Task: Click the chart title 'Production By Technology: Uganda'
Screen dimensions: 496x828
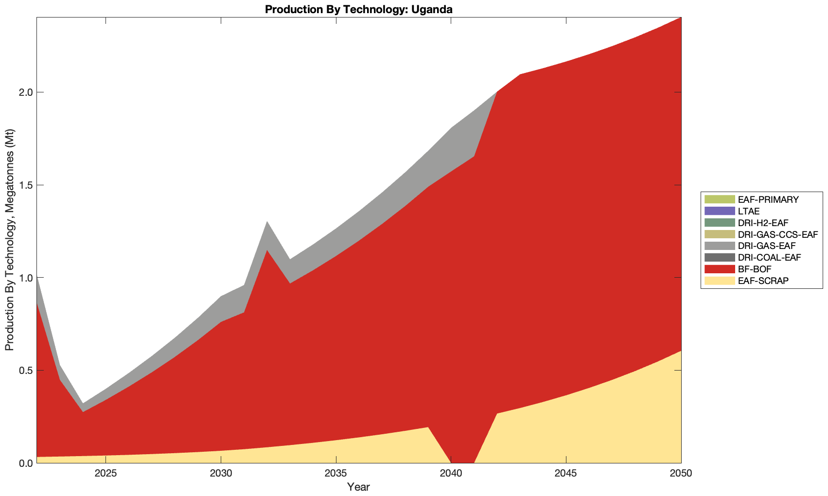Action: (359, 9)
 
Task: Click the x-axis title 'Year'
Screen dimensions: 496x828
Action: (359, 487)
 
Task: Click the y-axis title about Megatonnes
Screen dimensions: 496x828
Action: (9, 240)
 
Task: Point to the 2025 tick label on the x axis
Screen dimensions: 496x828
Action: (106, 474)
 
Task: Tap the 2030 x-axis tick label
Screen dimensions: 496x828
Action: (221, 474)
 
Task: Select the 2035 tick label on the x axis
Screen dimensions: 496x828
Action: (336, 474)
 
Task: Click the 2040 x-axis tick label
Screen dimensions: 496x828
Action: (451, 474)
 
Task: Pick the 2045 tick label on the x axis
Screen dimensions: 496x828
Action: (566, 474)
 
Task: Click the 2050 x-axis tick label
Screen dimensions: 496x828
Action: (681, 474)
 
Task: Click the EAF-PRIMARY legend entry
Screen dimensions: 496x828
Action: (768, 199)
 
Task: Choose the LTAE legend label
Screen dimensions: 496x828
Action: (748, 211)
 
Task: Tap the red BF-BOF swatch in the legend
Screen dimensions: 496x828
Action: (719, 269)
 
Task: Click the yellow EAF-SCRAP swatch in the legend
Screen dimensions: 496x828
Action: (719, 281)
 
